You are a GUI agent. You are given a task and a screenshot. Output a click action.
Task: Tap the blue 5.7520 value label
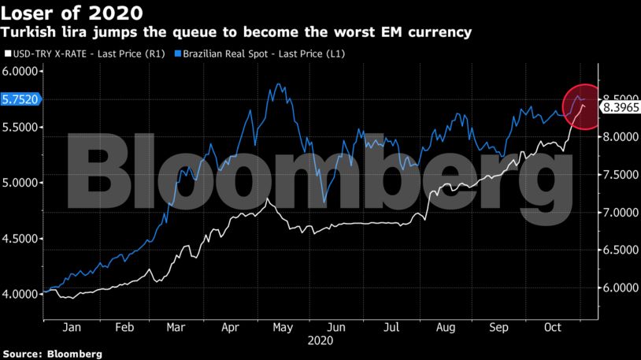coord(23,98)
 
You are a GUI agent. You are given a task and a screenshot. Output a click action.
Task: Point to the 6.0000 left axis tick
coord(22,71)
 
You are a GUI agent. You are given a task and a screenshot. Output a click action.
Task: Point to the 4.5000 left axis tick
coord(22,238)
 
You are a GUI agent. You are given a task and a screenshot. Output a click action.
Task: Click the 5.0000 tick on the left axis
coord(22,183)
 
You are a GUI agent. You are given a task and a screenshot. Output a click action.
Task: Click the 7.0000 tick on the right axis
coord(619,213)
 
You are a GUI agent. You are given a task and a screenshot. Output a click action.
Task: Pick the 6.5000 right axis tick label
coord(619,251)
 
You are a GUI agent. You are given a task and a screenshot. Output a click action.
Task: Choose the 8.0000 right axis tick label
coord(619,137)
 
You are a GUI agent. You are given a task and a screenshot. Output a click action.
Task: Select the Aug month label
coord(446,327)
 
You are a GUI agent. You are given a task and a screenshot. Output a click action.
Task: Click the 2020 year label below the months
coord(320,341)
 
